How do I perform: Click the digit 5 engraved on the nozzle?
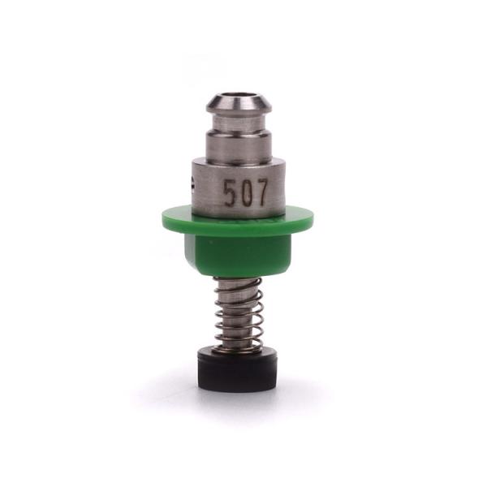pos(230,193)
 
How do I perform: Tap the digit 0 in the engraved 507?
pos(245,193)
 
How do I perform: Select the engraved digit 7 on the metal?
pos(261,193)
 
